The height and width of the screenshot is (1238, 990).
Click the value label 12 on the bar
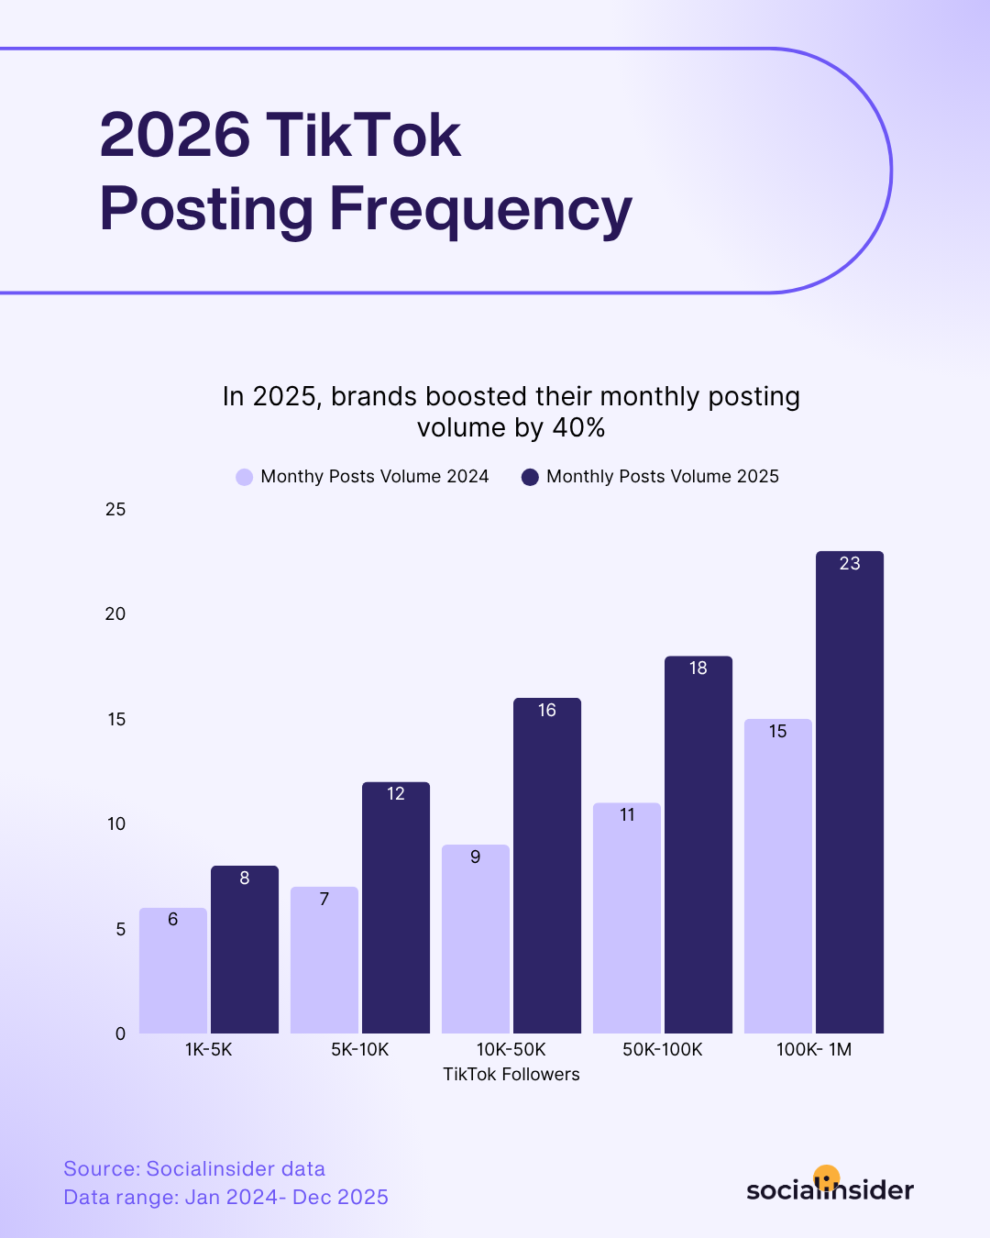coord(396,794)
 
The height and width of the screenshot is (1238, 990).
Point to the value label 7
coord(324,900)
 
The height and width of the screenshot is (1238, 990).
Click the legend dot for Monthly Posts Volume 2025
coord(530,477)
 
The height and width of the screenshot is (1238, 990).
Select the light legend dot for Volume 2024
coord(244,477)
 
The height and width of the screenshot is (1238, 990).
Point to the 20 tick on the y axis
coord(115,614)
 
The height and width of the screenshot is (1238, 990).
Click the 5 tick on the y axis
coord(121,929)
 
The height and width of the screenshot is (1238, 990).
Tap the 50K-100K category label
coord(662,1050)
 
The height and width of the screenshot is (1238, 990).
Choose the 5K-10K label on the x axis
coord(360,1050)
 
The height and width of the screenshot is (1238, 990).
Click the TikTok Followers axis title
coord(511,1075)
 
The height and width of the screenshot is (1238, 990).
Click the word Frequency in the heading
coord(480,210)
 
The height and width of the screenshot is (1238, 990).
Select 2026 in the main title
coord(175,136)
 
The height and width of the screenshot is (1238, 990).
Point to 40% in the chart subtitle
coord(578,428)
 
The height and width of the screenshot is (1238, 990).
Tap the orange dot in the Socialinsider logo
coord(827,1177)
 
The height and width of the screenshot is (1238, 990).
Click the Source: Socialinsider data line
coord(194,1169)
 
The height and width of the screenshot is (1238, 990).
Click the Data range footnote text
coord(225,1198)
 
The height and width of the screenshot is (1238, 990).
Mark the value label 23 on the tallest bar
coord(850,564)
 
